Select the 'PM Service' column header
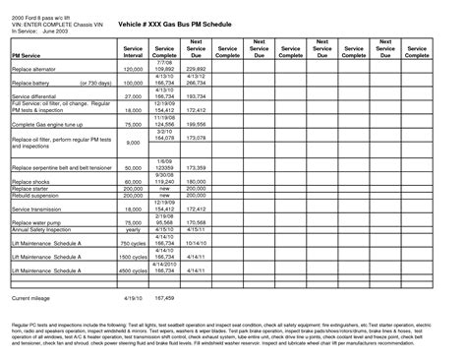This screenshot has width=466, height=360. pos(27,59)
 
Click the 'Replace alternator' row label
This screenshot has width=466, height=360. pos(34,70)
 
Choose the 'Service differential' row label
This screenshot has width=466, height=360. pos(33,98)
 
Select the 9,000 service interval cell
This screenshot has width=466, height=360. pos(135,143)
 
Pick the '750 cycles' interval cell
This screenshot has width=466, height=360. pos(133,243)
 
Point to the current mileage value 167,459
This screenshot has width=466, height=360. pos(170,296)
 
